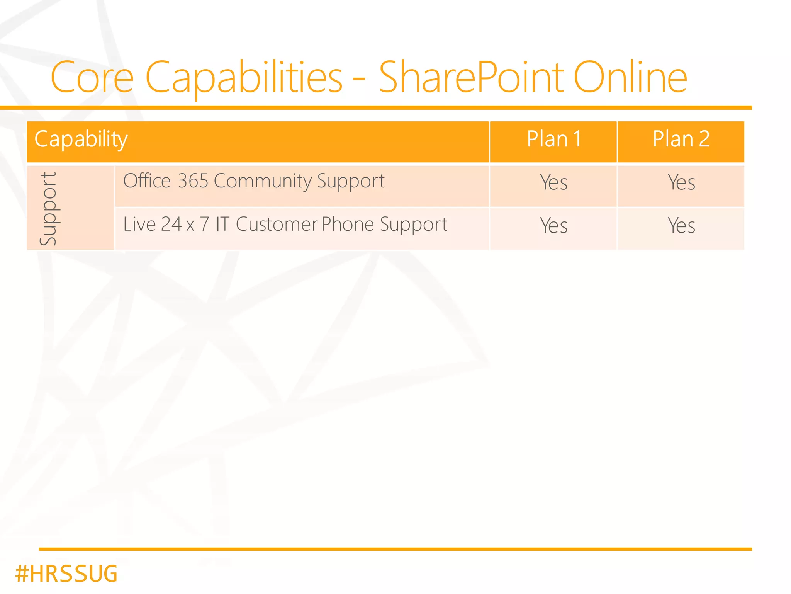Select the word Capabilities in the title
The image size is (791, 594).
click(244, 77)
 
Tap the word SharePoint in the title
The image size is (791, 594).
click(471, 77)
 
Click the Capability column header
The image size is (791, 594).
click(81, 139)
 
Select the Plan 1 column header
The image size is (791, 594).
click(554, 139)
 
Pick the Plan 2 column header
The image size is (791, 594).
click(681, 139)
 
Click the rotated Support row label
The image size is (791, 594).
click(49, 209)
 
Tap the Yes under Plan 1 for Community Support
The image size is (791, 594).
click(553, 182)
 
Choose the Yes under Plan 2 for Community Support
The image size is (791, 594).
click(681, 182)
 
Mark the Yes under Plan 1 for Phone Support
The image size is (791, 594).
click(553, 226)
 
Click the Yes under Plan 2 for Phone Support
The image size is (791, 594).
click(681, 226)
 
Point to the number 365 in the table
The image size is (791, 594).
click(193, 181)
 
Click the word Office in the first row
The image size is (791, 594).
click(147, 181)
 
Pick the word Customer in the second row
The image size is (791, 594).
click(277, 224)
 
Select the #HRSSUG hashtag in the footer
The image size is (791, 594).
click(66, 574)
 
